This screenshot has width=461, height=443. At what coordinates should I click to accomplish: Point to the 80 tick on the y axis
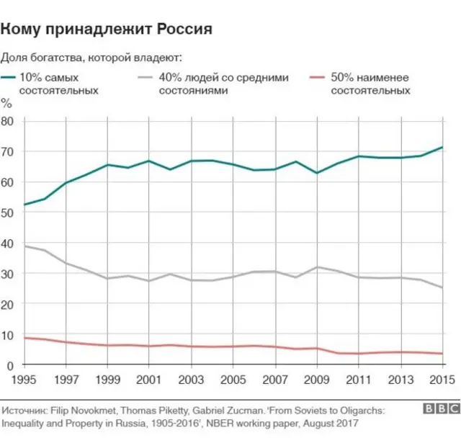tap(8, 121)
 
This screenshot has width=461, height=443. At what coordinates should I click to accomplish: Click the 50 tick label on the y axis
tap(8, 212)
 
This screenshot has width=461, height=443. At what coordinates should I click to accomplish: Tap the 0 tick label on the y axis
tap(11, 365)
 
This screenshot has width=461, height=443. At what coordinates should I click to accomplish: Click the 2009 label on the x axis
tap(317, 380)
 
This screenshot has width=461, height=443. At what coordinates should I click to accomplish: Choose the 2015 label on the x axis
tap(441, 380)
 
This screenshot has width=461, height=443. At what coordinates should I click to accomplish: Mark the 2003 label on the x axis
tap(191, 380)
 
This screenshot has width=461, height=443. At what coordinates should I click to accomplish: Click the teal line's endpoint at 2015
tap(442, 147)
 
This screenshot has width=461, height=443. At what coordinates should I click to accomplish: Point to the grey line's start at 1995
tap(24, 246)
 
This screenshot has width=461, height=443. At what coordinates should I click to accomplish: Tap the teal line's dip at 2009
tap(317, 173)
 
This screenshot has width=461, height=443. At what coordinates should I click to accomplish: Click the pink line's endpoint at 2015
tap(442, 354)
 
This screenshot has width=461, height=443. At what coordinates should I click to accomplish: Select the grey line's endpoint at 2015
tap(442, 287)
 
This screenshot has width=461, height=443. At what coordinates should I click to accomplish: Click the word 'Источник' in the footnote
tap(22, 408)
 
